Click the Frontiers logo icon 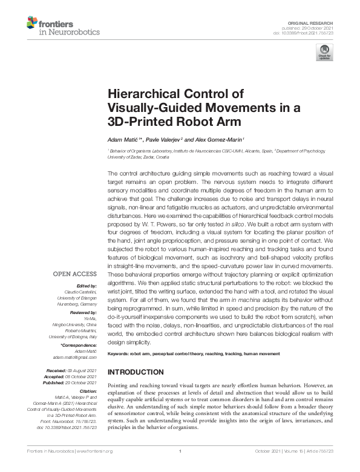(32, 24)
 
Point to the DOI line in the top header (308, 33)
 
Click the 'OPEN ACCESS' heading (74, 274)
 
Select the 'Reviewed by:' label (81, 313)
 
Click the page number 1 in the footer (180, 451)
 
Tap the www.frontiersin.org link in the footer (96, 451)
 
